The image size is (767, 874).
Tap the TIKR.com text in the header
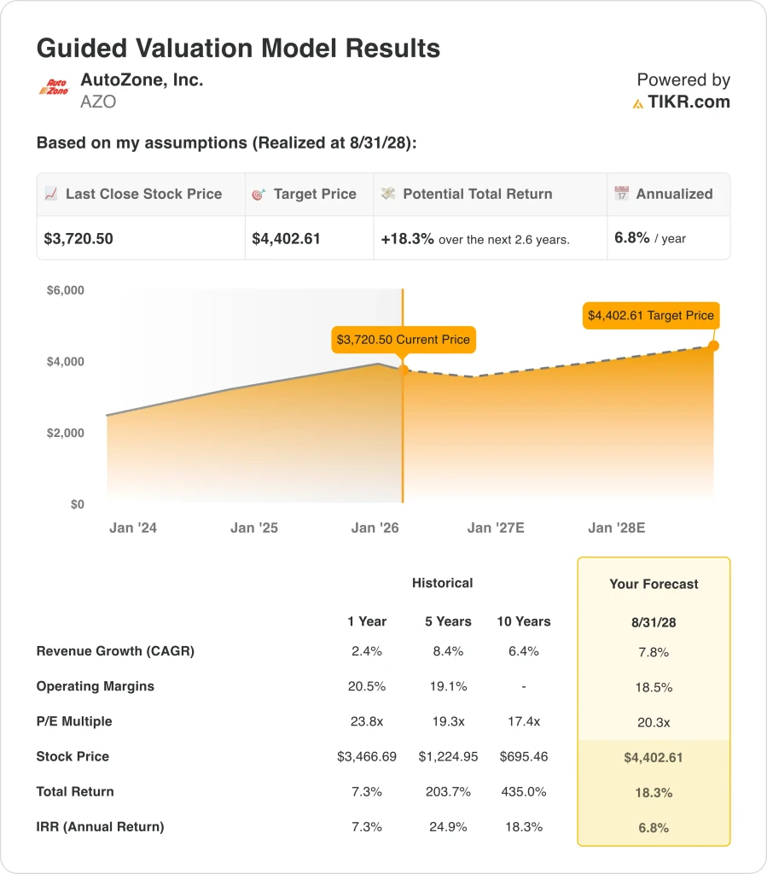(689, 102)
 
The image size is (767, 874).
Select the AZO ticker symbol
(98, 102)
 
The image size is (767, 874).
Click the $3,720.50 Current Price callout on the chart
(403, 340)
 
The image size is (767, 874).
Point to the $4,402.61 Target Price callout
(650, 315)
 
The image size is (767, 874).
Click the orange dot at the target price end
(713, 346)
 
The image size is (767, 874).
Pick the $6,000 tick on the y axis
(65, 290)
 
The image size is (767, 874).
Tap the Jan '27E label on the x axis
(496, 527)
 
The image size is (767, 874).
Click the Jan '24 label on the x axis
(133, 527)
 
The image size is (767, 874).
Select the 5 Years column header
(448, 621)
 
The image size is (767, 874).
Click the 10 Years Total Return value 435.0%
(524, 791)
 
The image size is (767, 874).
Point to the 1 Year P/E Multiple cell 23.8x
(366, 721)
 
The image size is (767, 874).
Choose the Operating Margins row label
(95, 686)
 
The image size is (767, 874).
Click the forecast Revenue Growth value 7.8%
(653, 652)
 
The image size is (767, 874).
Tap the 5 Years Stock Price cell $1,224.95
(448, 756)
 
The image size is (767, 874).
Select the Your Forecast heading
(654, 584)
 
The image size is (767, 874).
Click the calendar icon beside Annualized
(622, 194)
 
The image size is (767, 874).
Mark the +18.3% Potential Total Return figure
(407, 239)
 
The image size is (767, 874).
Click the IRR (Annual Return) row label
(100, 826)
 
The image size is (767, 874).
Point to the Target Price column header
(315, 194)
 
